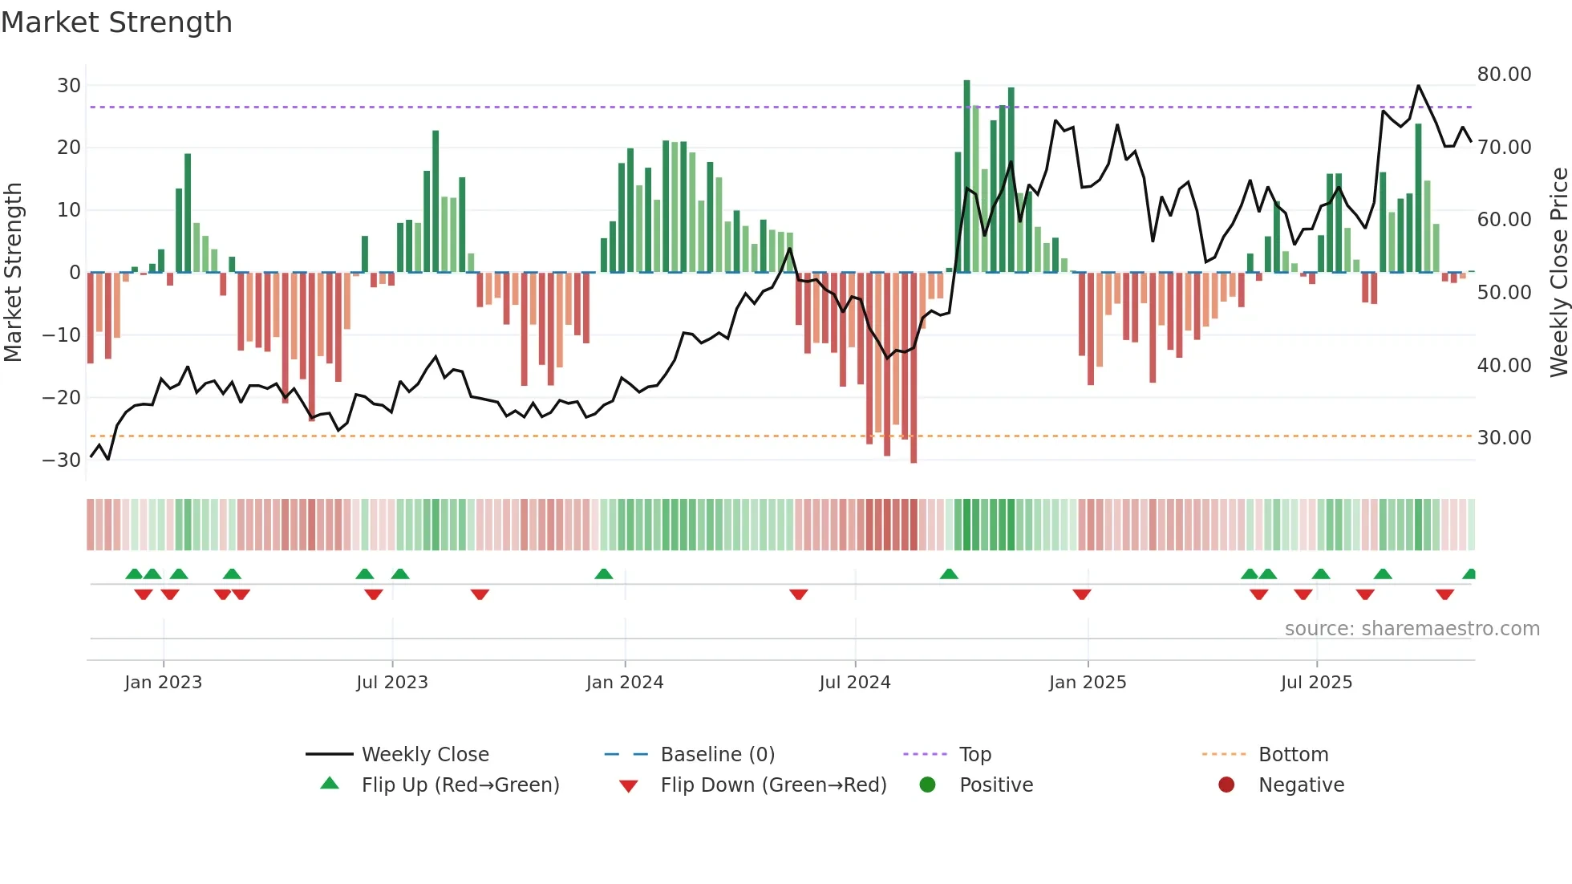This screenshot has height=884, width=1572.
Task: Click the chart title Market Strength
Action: tap(116, 22)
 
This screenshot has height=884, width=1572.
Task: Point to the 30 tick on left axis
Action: tap(69, 86)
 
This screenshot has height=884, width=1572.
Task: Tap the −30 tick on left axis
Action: tap(62, 460)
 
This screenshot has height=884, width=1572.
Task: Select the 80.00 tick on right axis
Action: tap(1504, 75)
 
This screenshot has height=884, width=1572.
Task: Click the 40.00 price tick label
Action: tap(1504, 366)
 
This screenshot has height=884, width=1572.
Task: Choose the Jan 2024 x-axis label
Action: tap(624, 683)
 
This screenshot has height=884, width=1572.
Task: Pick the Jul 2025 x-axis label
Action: tap(1316, 683)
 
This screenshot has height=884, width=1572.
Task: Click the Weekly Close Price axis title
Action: tap(1558, 272)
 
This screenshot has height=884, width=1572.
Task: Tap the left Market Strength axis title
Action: tap(13, 272)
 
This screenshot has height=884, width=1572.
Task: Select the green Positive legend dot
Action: tap(928, 785)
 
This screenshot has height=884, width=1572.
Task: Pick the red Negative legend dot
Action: tap(1226, 785)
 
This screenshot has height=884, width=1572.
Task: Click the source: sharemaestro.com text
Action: tap(1412, 629)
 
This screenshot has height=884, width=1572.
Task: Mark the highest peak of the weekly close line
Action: tap(1418, 85)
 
